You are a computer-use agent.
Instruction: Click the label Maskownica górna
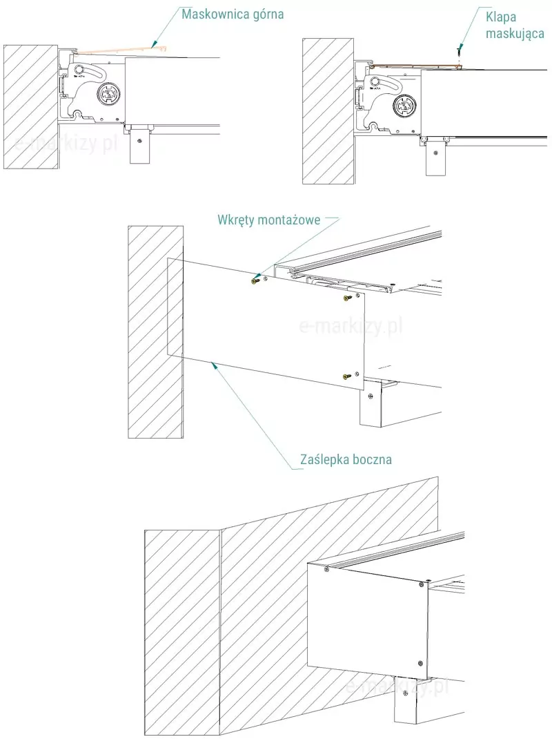point(233,14)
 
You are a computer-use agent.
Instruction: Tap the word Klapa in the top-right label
point(501,17)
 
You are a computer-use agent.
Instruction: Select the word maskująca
point(515,34)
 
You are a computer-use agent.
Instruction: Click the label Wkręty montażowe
point(268,220)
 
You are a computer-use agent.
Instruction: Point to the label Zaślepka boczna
point(346,459)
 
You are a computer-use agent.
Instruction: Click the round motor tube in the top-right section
point(404,104)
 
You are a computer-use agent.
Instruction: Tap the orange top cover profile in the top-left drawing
point(121,50)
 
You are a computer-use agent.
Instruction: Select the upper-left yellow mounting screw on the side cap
point(255,281)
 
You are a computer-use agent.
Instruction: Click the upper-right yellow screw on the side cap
point(348,298)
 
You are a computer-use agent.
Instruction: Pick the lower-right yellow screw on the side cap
point(348,376)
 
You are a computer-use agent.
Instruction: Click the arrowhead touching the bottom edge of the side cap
point(215,364)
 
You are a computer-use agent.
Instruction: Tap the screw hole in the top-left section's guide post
point(139,140)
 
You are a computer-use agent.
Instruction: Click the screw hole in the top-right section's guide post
point(435,153)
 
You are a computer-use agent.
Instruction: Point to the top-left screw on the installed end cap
point(326,569)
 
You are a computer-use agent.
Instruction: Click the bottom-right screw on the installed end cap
point(421,663)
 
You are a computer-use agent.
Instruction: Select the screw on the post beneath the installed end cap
point(404,693)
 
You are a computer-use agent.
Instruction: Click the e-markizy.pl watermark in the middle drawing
point(351,326)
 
